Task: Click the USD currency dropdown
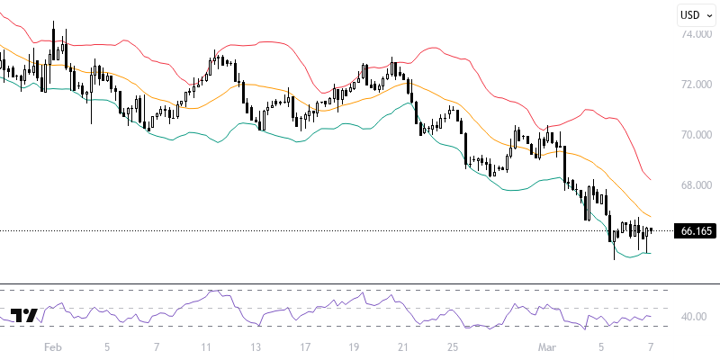pos(696,14)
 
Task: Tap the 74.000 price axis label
pos(697,34)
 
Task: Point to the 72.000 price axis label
pos(697,85)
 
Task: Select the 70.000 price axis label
pos(697,135)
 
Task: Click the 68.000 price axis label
pos(697,185)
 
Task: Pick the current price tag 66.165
pos(696,231)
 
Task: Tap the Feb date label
pos(53,346)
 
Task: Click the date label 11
pos(206,346)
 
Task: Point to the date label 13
pos(256,346)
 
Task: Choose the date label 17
pos(306,346)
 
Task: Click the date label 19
pos(355,346)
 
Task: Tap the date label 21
pos(404,346)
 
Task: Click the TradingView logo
pos(22,316)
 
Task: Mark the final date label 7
pos(651,346)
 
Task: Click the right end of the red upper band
pos(652,178)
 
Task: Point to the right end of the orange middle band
pos(652,217)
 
